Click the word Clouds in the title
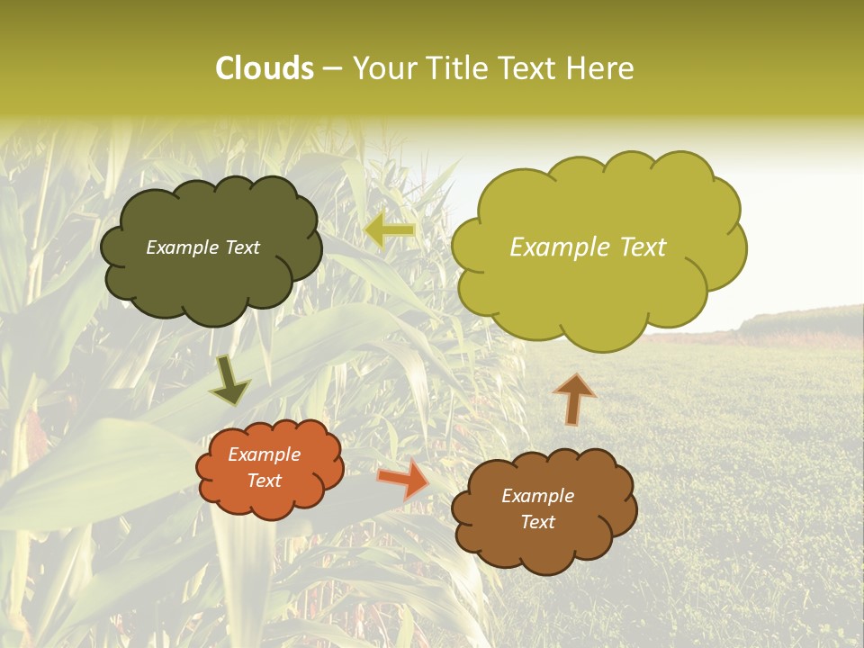tap(264, 68)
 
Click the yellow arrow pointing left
tap(391, 230)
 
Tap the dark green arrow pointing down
tap(230, 382)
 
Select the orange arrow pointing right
tap(404, 478)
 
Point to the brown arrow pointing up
tap(573, 398)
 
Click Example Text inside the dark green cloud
tap(203, 247)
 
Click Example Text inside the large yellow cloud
tap(588, 247)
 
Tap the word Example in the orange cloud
tap(264, 454)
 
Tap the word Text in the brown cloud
tap(537, 522)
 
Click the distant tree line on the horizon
tap(801, 319)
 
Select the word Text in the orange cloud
tap(264, 481)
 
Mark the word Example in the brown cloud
tap(537, 496)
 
